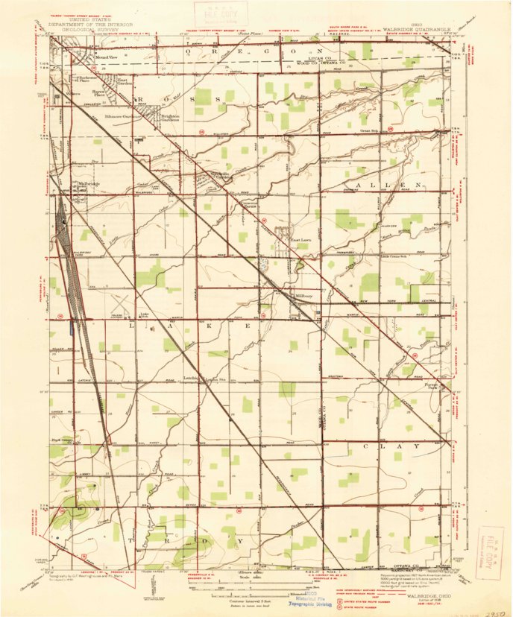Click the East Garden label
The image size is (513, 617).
point(122,82)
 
